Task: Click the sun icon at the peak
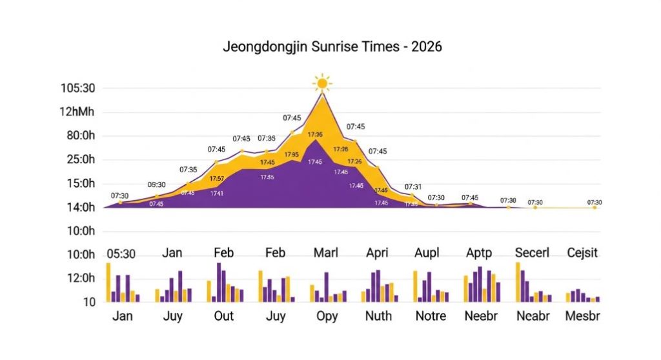click(321, 83)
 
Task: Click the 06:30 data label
click(156, 185)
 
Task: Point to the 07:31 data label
click(413, 187)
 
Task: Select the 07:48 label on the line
click(241, 139)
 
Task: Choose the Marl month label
click(325, 253)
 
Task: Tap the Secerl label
click(532, 253)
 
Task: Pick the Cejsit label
click(583, 253)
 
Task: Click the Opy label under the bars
click(327, 317)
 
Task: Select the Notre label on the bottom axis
click(431, 317)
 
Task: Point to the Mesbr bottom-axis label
click(582, 317)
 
